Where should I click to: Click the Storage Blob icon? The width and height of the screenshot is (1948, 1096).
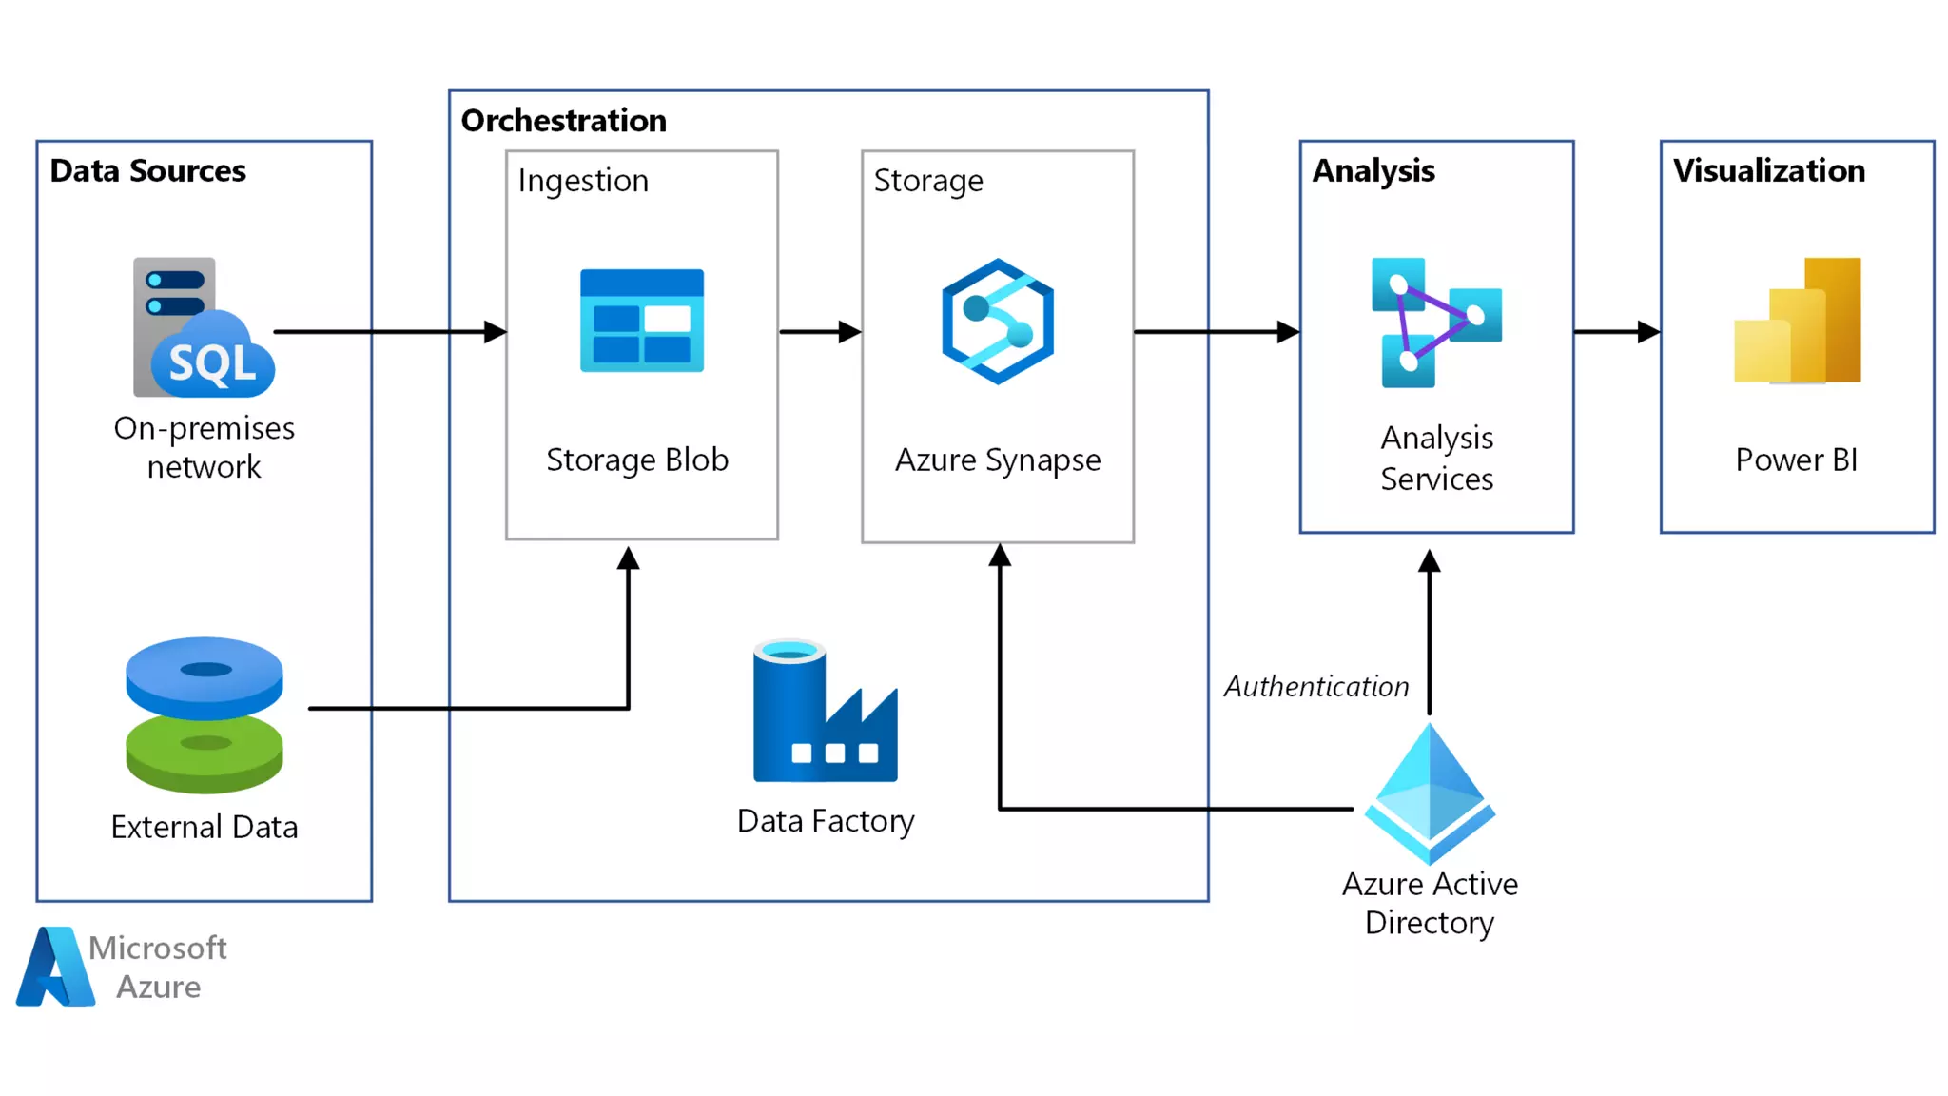click(642, 321)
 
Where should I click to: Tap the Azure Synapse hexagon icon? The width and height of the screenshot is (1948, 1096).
click(998, 322)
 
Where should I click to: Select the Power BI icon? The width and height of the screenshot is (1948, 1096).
click(1797, 321)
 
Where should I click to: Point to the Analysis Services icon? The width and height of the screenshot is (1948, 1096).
click(1436, 323)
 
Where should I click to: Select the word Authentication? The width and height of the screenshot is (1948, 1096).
click(1316, 686)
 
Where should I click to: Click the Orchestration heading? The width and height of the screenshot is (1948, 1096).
click(564, 121)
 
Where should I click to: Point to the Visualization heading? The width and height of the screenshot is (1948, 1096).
click(1769, 171)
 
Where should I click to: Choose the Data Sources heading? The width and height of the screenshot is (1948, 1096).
click(148, 171)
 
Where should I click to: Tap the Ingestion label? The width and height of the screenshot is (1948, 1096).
click(583, 181)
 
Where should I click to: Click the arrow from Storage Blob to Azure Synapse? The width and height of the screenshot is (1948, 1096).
click(820, 332)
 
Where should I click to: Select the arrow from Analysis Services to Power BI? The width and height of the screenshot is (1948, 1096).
click(1617, 332)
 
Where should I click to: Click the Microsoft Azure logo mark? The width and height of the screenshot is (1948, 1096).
click(55, 967)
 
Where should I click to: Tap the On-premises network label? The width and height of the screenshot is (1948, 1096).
click(205, 447)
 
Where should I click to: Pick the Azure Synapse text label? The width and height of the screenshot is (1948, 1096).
click(998, 460)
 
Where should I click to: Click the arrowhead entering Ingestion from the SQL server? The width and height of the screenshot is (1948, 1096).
click(495, 332)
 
